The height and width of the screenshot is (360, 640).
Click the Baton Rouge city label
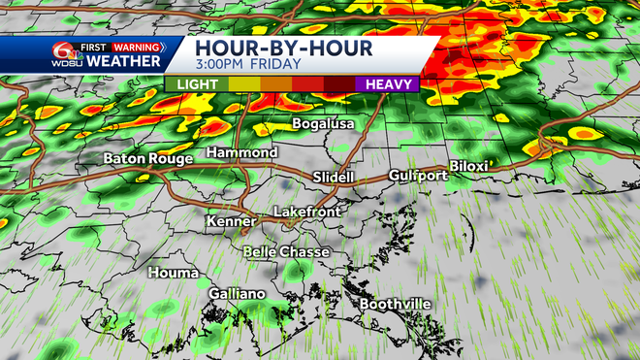click(144, 158)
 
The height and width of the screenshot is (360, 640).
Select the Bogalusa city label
click(324, 124)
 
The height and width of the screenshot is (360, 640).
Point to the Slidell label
click(334, 178)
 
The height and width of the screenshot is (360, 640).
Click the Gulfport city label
click(418, 176)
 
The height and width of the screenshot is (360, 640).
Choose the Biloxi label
click(468, 166)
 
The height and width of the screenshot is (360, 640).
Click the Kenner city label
click(231, 222)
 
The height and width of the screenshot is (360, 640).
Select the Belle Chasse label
click(286, 251)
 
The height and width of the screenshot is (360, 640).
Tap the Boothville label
click(395, 304)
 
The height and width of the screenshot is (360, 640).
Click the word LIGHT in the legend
click(197, 84)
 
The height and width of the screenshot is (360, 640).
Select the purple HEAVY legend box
click(386, 84)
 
